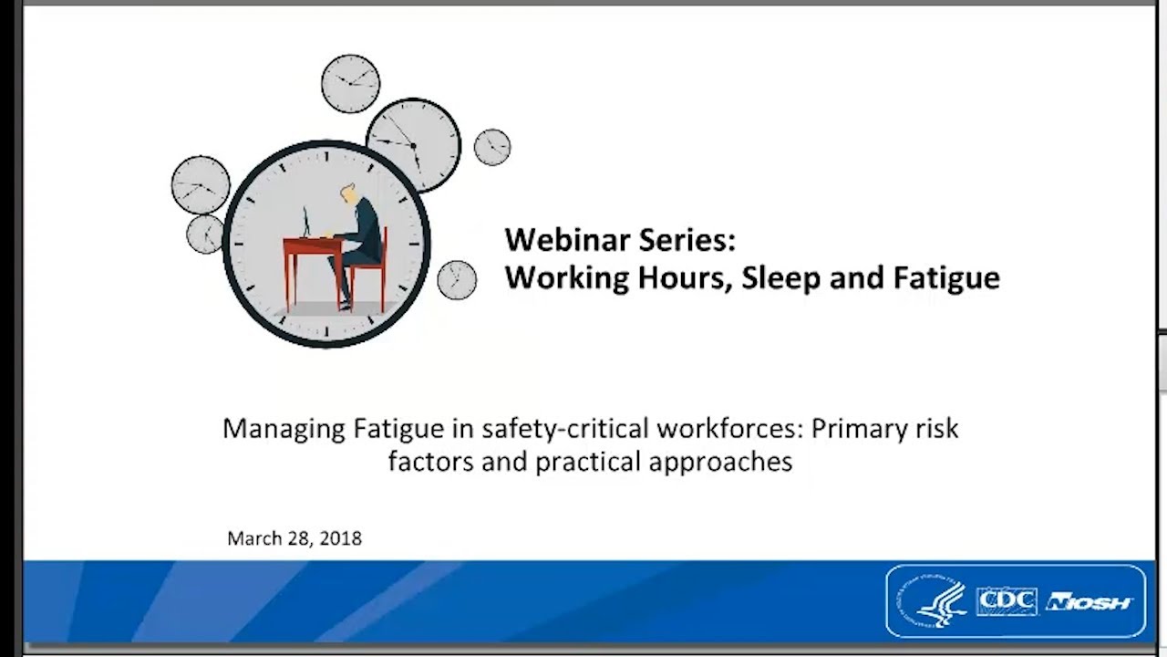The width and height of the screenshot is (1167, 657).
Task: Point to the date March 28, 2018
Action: (294, 538)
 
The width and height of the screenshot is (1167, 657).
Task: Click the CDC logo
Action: (1007, 601)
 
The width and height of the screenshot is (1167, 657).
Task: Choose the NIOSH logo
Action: (1090, 602)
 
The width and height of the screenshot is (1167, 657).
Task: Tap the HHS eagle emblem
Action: (932, 601)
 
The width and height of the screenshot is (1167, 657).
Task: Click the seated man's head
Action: (349, 194)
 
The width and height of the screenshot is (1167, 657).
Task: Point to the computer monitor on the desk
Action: (306, 221)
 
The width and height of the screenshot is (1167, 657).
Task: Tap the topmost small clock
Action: (350, 83)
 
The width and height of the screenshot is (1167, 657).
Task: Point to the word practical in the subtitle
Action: (588, 462)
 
